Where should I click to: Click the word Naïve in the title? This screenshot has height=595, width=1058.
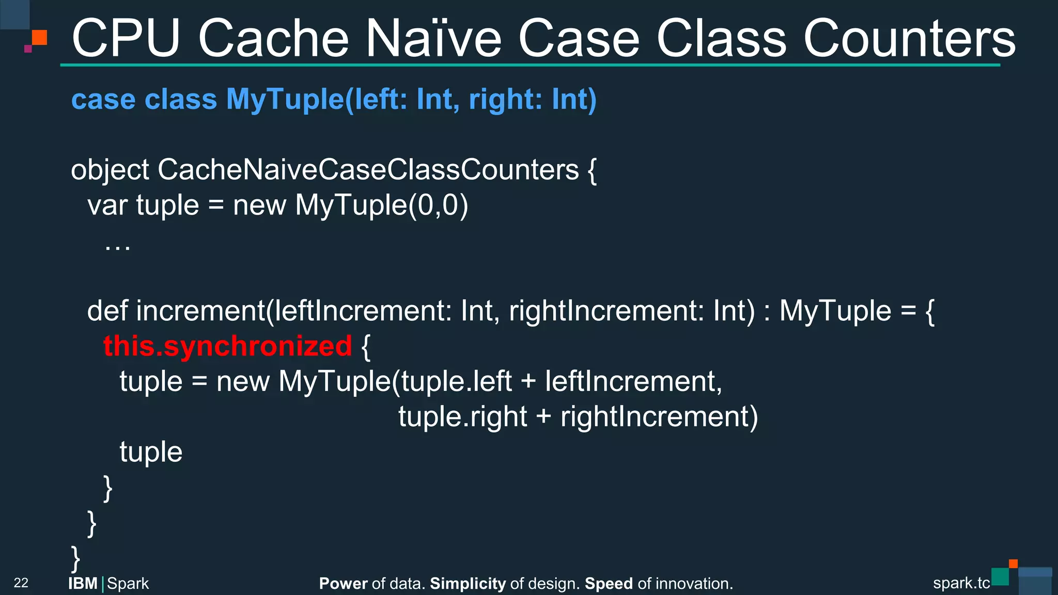coord(433,38)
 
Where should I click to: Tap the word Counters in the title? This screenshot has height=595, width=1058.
coord(909,38)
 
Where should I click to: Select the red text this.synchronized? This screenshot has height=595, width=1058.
coord(227,346)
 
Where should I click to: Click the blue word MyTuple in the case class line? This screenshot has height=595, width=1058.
coord(284,99)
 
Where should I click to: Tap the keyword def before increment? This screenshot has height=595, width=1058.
coord(107,311)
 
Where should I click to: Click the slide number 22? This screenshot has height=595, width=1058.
coord(21,583)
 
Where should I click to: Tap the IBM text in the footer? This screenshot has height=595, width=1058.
coord(83,584)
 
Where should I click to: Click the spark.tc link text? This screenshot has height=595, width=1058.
coord(961,583)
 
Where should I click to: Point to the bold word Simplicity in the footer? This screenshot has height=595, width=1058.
coord(468,584)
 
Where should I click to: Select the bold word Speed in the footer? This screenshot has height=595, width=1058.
coord(609,584)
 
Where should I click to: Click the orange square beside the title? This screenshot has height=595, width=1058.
coord(40,37)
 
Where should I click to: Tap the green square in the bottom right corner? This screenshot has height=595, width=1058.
coord(1000,576)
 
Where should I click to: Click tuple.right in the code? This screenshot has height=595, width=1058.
coord(462,417)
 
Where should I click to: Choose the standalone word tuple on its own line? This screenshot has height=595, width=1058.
coord(151,452)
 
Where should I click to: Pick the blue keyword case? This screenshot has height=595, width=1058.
coord(103,99)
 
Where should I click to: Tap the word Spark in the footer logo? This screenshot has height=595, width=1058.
coord(128,584)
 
